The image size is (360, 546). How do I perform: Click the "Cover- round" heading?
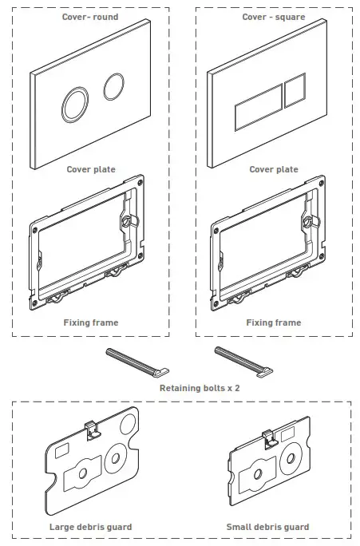(90, 17)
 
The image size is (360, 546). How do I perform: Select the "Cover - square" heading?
(274, 17)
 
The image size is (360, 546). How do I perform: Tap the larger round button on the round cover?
(75, 105)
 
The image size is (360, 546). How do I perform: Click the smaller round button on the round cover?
(114, 86)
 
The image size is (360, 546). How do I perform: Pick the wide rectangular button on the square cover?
(259, 108)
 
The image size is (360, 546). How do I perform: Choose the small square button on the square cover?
(295, 90)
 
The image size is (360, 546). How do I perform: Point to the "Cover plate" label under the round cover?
(91, 169)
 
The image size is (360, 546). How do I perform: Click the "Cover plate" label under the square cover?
(274, 169)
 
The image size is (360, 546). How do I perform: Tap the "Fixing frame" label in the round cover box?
(91, 322)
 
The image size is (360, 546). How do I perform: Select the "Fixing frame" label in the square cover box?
(274, 322)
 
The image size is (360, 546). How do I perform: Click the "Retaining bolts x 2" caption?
(200, 388)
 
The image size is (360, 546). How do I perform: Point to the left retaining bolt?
(137, 363)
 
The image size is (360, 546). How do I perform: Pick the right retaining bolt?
(243, 362)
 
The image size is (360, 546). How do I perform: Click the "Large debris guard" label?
(90, 527)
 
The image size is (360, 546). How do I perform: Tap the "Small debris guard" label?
(267, 527)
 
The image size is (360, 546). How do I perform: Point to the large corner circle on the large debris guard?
(128, 424)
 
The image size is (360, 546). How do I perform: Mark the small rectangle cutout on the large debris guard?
(62, 450)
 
